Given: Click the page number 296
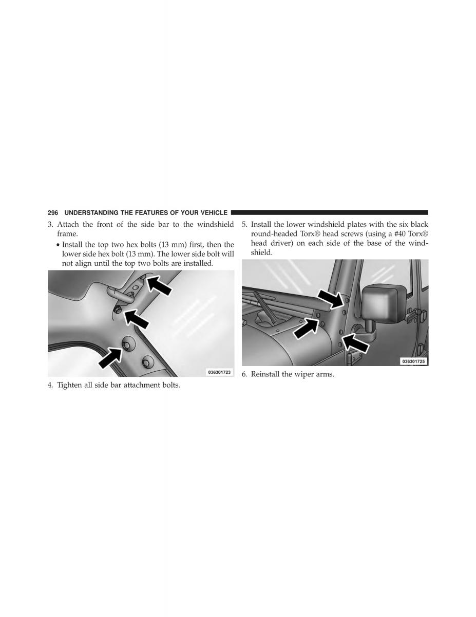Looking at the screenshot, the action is (x=53, y=213).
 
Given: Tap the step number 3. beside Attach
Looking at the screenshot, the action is (x=50, y=224).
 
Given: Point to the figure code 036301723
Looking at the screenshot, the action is (x=219, y=372).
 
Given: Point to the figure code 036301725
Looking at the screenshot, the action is (x=414, y=361).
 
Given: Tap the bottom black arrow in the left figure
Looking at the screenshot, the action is (x=111, y=358).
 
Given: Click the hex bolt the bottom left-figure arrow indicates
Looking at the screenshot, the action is (x=126, y=344).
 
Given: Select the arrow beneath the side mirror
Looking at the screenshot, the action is (x=355, y=343).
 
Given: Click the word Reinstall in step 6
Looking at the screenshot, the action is (x=265, y=374).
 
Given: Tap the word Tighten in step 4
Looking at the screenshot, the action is (x=69, y=385).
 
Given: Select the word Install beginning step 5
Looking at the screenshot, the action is (x=261, y=224).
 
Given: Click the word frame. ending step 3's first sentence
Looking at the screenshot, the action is (x=67, y=234).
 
